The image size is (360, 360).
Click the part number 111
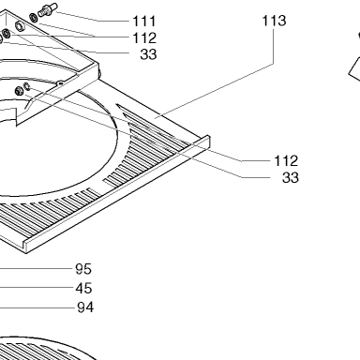pyautogui.click(x=144, y=22)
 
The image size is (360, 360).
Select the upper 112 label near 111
pyautogui.click(x=144, y=38)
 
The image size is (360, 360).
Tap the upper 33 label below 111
pyautogui.click(x=148, y=54)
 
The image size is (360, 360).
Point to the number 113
pyautogui.click(x=274, y=21)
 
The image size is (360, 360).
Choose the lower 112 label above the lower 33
pyautogui.click(x=286, y=161)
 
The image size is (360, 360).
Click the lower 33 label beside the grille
pyautogui.click(x=291, y=177)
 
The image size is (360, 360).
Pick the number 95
pyautogui.click(x=83, y=269)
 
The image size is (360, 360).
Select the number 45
pyautogui.click(x=83, y=288)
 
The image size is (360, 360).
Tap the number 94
pyautogui.click(x=85, y=307)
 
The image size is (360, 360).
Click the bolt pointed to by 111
pyautogui.click(x=47, y=9)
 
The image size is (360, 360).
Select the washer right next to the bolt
pyautogui.click(x=34, y=18)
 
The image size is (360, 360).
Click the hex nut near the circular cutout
pyautogui.click(x=19, y=91)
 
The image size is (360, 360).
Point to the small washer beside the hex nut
pyautogui.click(x=27, y=86)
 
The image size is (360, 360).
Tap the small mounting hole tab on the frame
pyautogui.click(x=60, y=83)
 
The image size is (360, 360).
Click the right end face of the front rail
pyautogui.click(x=207, y=142)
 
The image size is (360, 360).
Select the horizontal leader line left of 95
pyautogui.click(x=37, y=268)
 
